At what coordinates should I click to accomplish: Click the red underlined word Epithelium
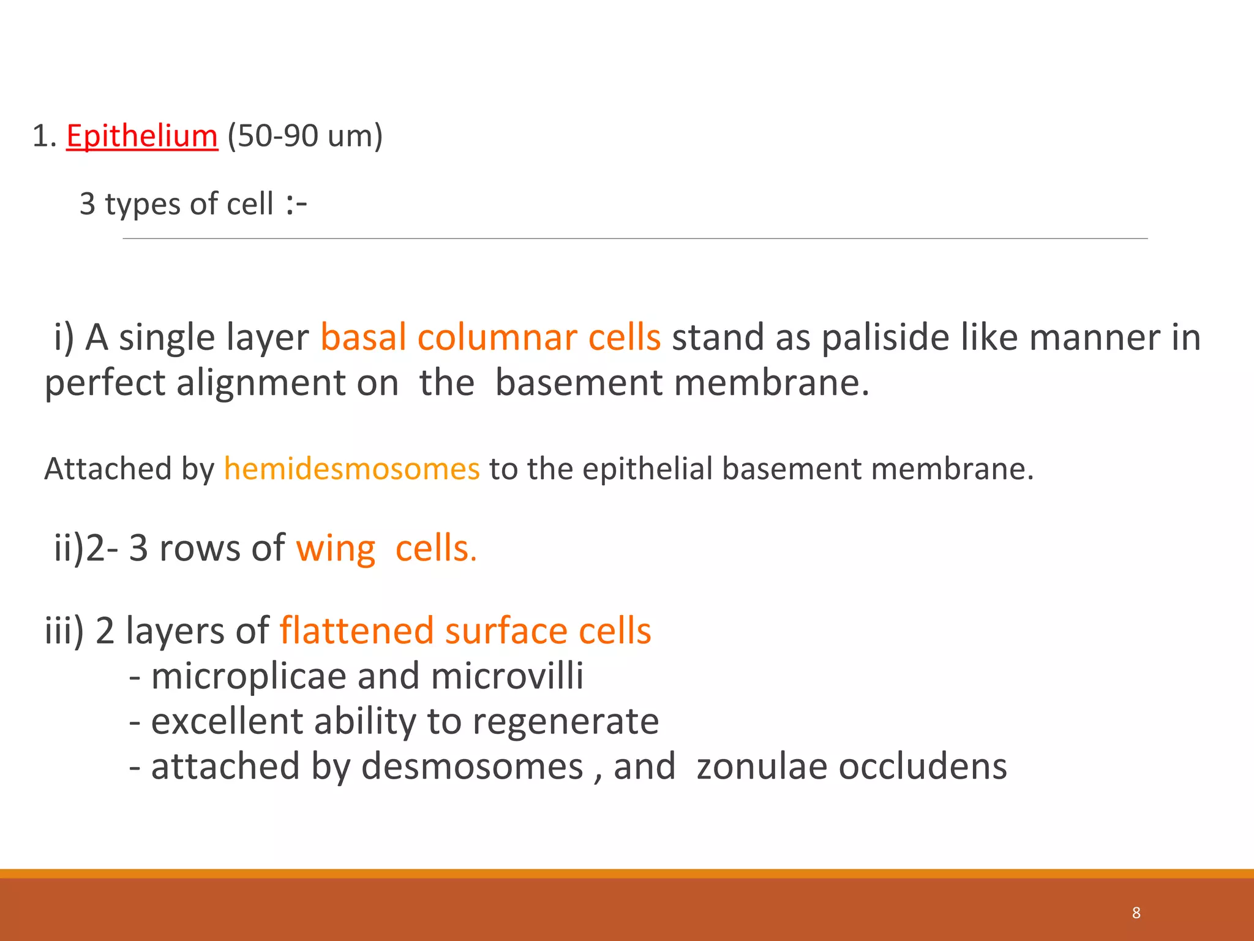pyautogui.click(x=141, y=136)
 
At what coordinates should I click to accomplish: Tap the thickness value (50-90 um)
pyautogui.click(x=304, y=136)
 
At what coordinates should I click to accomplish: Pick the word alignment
pyautogui.click(x=287, y=383)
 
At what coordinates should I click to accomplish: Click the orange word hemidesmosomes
pyautogui.click(x=351, y=469)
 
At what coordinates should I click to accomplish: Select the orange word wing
pyautogui.click(x=336, y=548)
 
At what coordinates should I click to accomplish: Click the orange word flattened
pyautogui.click(x=356, y=631)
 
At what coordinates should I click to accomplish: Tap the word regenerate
pyautogui.click(x=565, y=722)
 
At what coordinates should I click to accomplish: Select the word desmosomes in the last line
pyautogui.click(x=471, y=766)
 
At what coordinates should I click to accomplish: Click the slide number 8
pyautogui.click(x=1136, y=913)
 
